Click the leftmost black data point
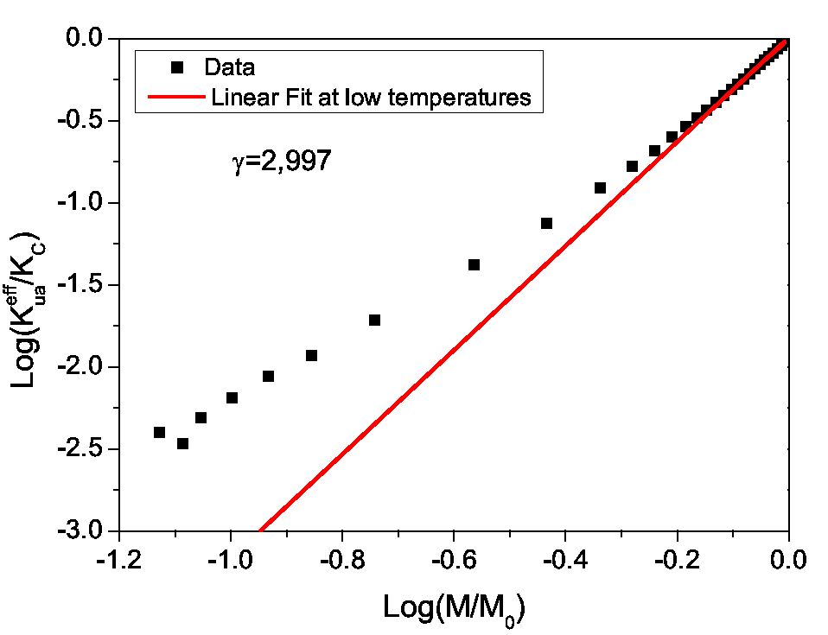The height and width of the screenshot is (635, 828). click(159, 432)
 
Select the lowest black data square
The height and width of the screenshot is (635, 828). click(182, 443)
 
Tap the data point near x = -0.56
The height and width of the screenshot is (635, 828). click(474, 264)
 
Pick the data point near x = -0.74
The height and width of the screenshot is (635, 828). click(374, 320)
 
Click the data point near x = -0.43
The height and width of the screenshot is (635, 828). click(546, 223)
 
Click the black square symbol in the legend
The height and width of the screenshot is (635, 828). click(177, 67)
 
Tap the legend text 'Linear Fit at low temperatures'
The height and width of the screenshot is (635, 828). click(371, 97)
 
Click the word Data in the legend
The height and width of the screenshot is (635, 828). click(229, 67)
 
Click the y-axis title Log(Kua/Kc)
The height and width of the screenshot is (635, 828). click(31, 285)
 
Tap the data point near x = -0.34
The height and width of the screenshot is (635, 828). click(600, 187)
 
